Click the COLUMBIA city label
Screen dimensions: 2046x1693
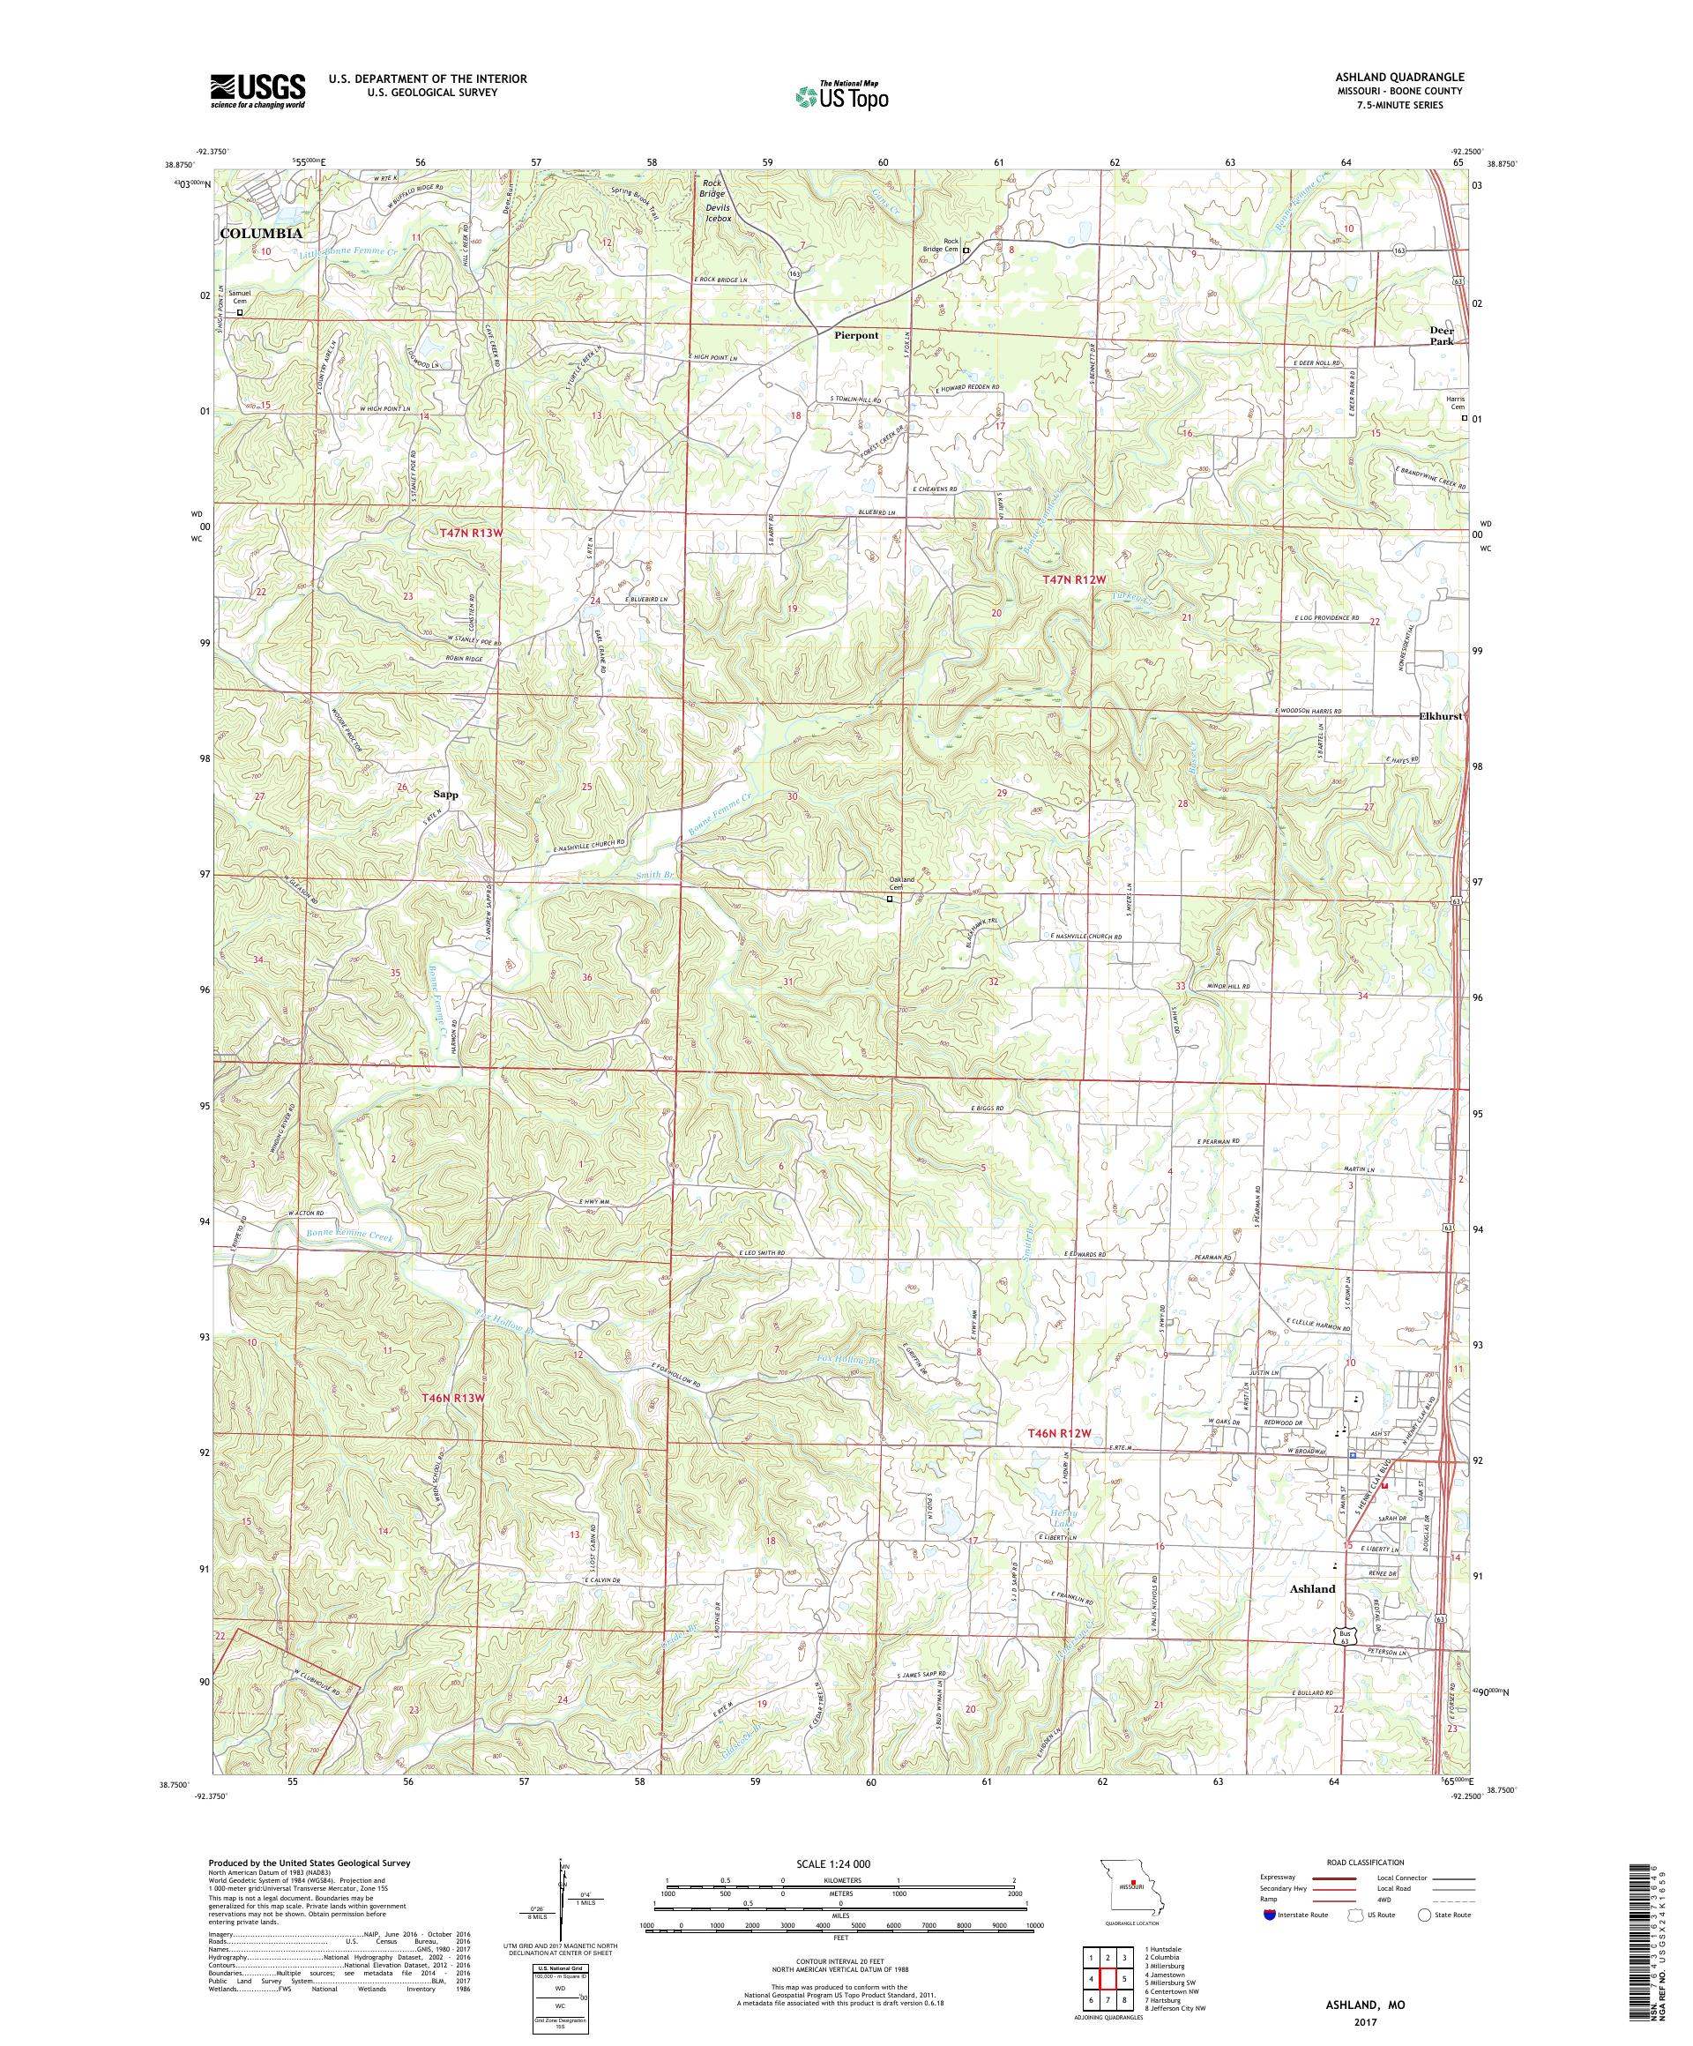tap(260, 234)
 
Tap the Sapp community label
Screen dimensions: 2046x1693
tap(445, 794)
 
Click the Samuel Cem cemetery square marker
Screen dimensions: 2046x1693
tap(241, 313)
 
